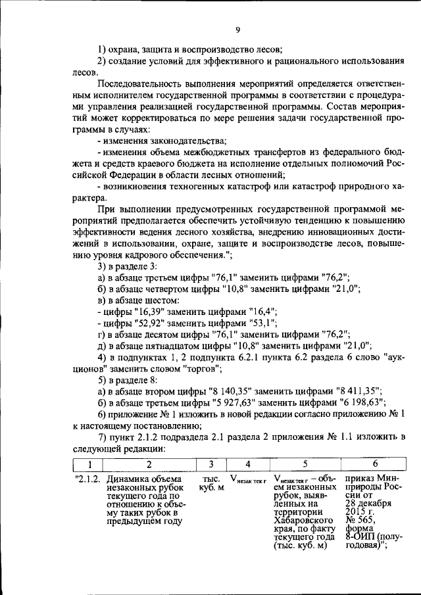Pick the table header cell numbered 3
click(x=211, y=465)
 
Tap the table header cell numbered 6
click(x=375, y=465)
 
